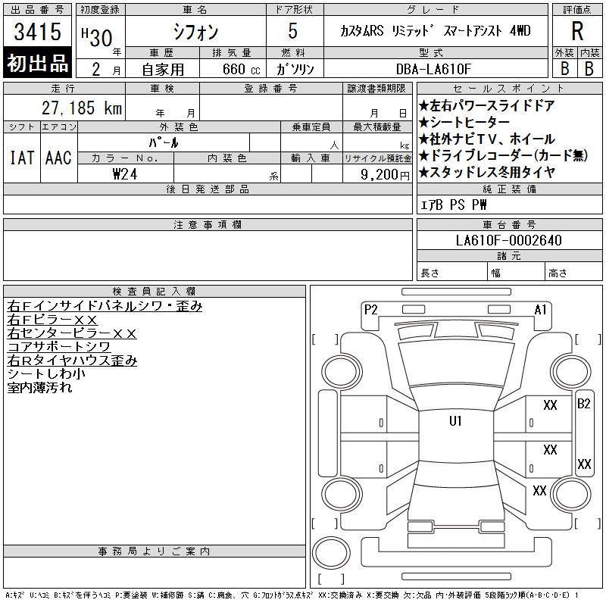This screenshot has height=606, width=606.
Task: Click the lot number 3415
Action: click(x=37, y=32)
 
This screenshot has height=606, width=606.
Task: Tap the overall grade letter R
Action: click(x=577, y=31)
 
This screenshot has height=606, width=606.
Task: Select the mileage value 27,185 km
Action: click(x=82, y=108)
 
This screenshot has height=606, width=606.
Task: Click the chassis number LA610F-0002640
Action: click(x=508, y=240)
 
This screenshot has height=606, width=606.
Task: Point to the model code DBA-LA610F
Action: click(x=433, y=69)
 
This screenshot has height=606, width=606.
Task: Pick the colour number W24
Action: click(x=125, y=174)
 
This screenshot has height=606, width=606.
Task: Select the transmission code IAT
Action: click(x=22, y=158)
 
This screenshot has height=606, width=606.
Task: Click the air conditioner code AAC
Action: click(x=58, y=158)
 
